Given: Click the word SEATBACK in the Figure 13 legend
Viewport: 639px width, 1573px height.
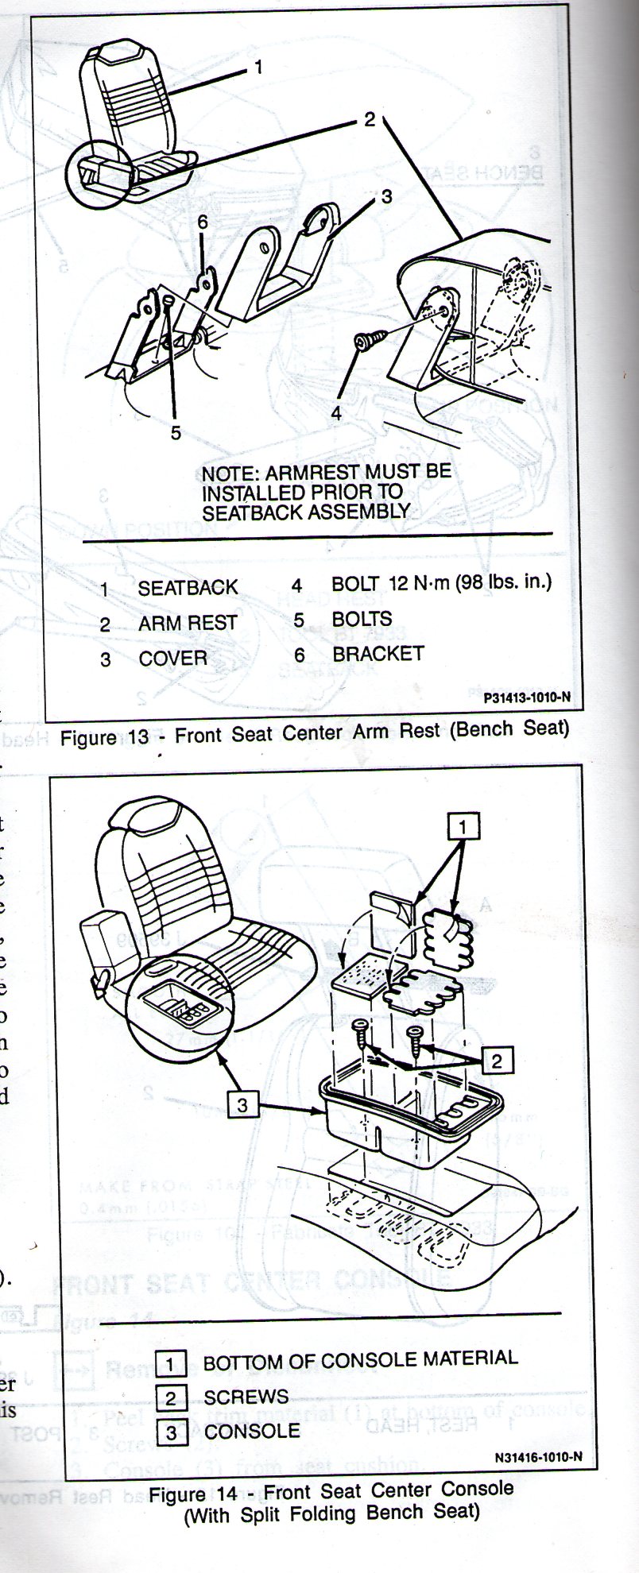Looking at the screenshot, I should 188,588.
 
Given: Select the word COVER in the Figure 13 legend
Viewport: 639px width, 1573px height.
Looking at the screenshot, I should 172,659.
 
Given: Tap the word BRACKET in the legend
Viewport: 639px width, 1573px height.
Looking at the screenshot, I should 378,654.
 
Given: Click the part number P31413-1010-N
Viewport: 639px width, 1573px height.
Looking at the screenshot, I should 526,698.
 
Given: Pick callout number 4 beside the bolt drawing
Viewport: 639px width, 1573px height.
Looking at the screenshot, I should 336,413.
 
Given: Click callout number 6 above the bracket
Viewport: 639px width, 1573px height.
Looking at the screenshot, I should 203,222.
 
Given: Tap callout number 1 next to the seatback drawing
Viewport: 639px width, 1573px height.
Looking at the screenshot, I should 258,68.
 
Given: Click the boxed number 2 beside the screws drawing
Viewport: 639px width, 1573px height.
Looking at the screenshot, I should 497,1061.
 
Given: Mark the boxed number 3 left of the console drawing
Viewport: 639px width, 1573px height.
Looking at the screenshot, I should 242,1104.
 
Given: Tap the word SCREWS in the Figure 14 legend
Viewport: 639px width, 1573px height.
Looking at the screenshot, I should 246,1397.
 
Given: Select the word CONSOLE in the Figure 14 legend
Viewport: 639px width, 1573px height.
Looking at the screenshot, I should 252,1432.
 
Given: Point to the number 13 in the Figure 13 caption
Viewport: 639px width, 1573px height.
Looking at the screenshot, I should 138,737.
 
